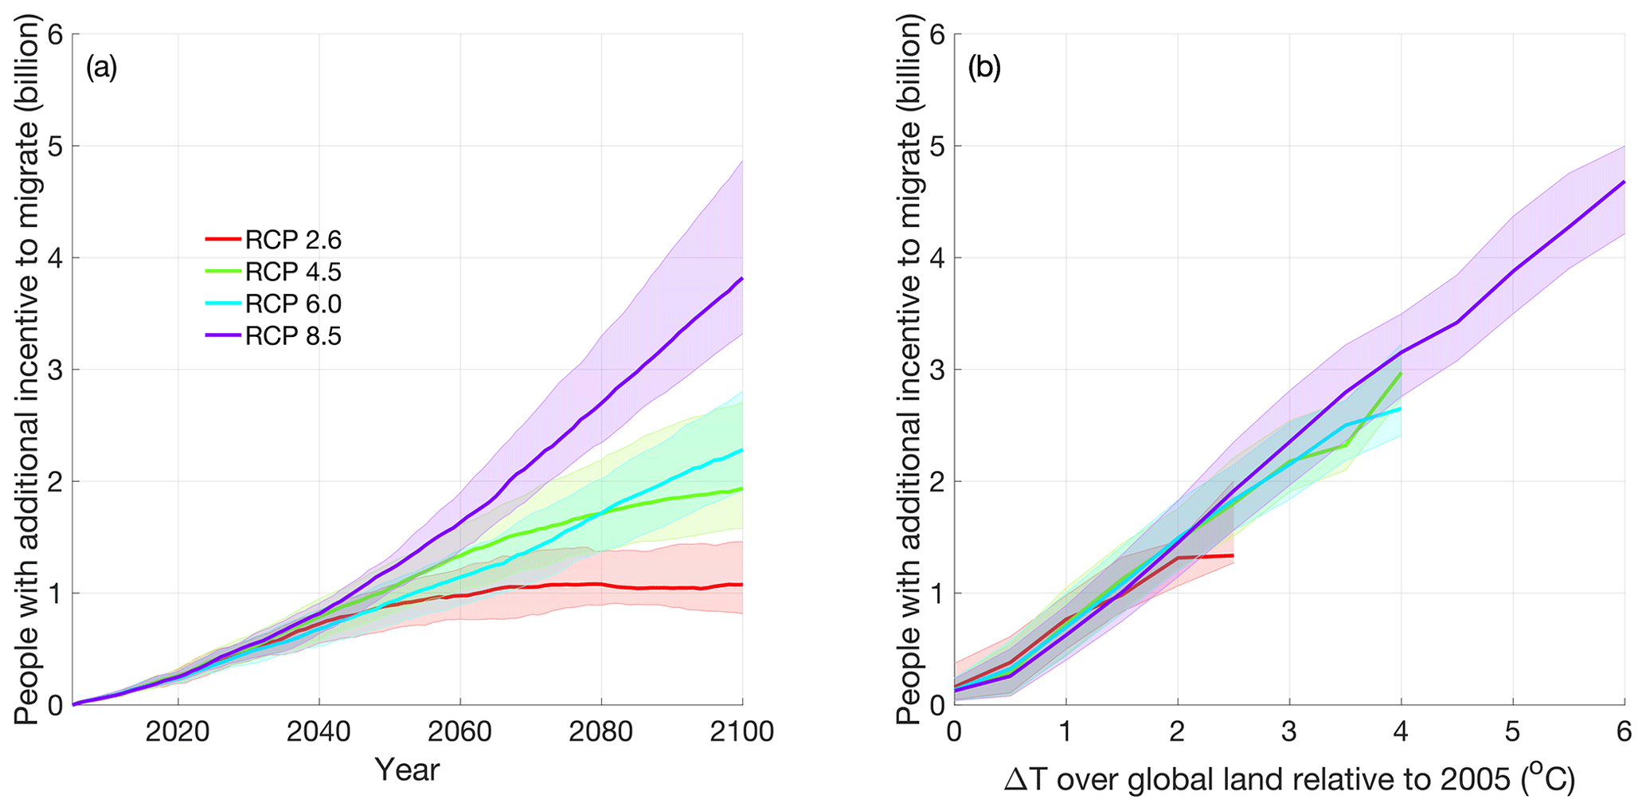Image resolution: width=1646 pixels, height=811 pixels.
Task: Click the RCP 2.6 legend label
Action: point(293,240)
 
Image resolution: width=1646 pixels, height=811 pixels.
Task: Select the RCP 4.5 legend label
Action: point(293,272)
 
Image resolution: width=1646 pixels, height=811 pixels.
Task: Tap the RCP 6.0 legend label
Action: point(293,304)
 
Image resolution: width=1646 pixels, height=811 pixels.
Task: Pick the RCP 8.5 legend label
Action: point(293,336)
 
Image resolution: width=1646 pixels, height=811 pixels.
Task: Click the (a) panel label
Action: point(101,69)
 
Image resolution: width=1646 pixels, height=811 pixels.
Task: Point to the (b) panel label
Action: point(983,69)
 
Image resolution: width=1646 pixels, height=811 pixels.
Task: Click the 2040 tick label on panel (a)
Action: point(319,731)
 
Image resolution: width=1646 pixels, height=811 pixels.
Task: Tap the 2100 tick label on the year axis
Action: point(741,731)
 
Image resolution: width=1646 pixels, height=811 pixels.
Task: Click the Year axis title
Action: point(407,770)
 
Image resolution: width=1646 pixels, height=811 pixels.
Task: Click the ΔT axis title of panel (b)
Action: point(1289,780)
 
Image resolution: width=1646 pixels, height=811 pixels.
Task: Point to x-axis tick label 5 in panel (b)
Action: point(1512,731)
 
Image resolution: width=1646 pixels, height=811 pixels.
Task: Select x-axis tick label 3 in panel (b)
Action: point(1289,731)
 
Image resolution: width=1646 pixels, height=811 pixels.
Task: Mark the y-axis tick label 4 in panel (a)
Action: point(56,258)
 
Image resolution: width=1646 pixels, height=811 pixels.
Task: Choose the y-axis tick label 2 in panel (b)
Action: point(938,481)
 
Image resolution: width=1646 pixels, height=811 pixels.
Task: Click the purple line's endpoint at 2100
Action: point(742,278)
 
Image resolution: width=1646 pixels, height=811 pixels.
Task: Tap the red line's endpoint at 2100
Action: point(742,585)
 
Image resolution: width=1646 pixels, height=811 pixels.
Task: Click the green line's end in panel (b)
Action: point(1401,372)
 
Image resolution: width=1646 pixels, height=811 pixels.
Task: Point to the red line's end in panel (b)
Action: point(1233,555)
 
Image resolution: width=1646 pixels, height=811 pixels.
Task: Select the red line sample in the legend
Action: point(222,239)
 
